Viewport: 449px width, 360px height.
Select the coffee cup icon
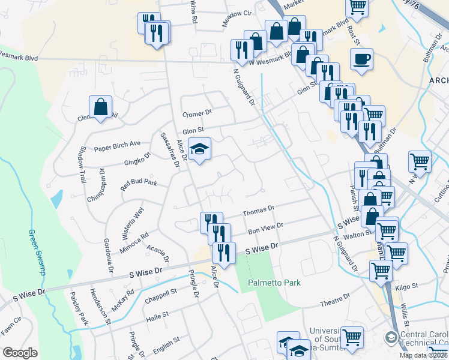point(361,59)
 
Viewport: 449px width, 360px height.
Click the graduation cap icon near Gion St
point(199,149)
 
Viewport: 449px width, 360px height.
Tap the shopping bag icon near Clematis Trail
point(101,107)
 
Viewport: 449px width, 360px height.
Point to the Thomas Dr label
point(258,211)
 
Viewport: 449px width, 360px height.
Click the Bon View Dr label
point(265,227)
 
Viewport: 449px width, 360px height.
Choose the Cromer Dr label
point(197,113)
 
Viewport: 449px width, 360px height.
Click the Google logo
point(20,353)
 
